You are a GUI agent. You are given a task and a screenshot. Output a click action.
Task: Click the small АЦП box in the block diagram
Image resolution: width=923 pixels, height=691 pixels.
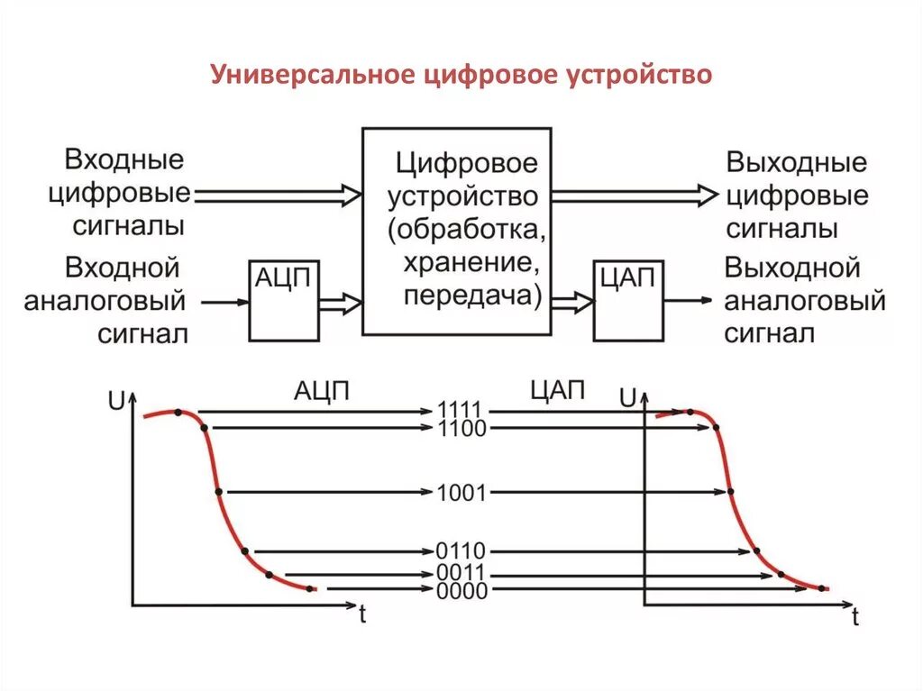point(283,300)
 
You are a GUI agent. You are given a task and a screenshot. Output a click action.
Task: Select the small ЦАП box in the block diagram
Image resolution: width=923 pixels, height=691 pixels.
point(627,300)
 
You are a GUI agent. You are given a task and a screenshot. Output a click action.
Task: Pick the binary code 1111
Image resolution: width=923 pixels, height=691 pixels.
point(461,410)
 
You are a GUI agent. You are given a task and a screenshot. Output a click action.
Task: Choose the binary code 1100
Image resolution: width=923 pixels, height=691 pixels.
point(461,429)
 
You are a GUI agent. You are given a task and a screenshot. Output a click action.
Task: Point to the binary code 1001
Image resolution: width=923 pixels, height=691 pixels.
point(461,493)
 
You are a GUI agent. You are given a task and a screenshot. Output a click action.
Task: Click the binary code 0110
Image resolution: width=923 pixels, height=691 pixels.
point(461,550)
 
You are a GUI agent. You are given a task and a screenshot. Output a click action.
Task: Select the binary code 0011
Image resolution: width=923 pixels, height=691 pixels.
point(461,573)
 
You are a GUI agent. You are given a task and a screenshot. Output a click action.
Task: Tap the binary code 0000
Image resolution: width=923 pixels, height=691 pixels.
point(461,591)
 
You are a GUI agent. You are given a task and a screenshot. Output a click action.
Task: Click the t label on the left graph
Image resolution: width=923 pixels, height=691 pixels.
point(361,616)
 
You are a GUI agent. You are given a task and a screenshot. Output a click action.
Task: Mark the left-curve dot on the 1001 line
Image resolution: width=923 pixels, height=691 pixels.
point(219,492)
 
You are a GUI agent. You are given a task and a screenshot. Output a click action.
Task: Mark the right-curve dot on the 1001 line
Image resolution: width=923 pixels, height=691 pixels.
point(730,492)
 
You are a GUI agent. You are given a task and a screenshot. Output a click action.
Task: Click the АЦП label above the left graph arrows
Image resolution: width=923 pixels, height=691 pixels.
point(321,390)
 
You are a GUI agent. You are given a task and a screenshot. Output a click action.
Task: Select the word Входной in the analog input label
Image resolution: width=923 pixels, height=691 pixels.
point(123,268)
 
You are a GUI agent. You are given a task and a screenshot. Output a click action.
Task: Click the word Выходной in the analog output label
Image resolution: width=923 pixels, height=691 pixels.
point(792,268)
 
